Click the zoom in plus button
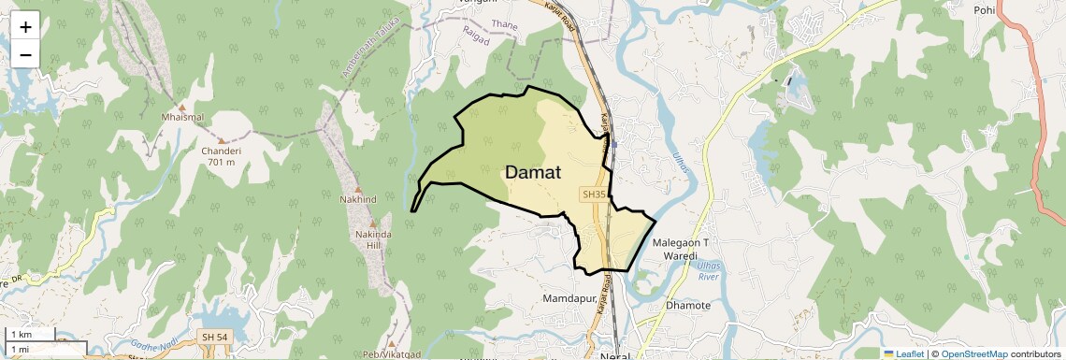[25, 26]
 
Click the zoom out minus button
[25, 55]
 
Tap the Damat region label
[533, 173]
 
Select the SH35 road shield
[594, 194]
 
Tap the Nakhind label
[359, 199]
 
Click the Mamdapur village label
[569, 298]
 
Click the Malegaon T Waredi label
[681, 249]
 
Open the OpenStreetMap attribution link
[973, 354]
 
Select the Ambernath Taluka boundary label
[369, 56]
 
